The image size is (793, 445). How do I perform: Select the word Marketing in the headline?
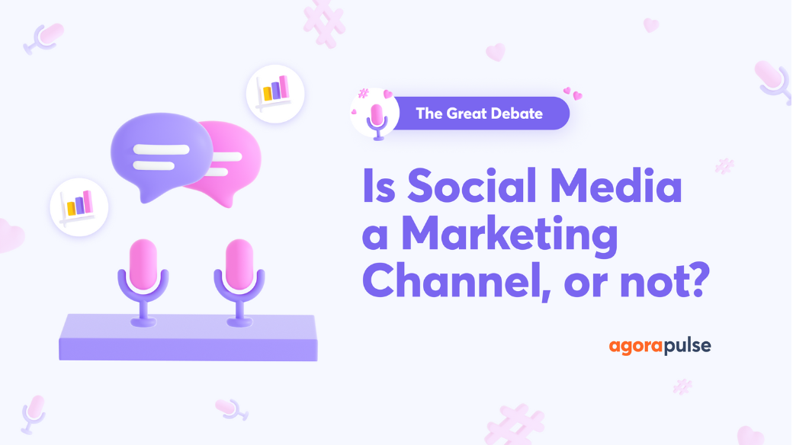509,236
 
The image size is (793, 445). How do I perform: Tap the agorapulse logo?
660,347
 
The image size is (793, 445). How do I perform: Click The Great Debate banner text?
479,114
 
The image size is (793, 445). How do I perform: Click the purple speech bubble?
162,155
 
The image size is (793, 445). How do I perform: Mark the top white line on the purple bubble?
161,147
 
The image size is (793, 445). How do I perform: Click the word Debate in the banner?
518,114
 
